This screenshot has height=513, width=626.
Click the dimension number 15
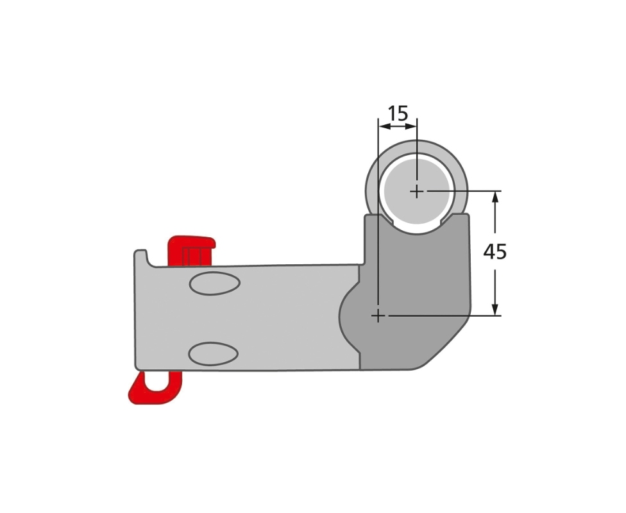398,114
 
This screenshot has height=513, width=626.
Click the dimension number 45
495,252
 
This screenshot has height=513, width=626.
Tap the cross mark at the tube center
417,191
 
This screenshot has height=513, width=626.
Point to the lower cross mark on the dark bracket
378,315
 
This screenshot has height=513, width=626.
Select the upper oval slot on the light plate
214,283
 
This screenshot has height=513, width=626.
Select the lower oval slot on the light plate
213,354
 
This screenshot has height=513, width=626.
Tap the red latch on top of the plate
190,250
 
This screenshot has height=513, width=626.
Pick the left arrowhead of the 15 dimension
384,126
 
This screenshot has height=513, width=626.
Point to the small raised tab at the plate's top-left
140,256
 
